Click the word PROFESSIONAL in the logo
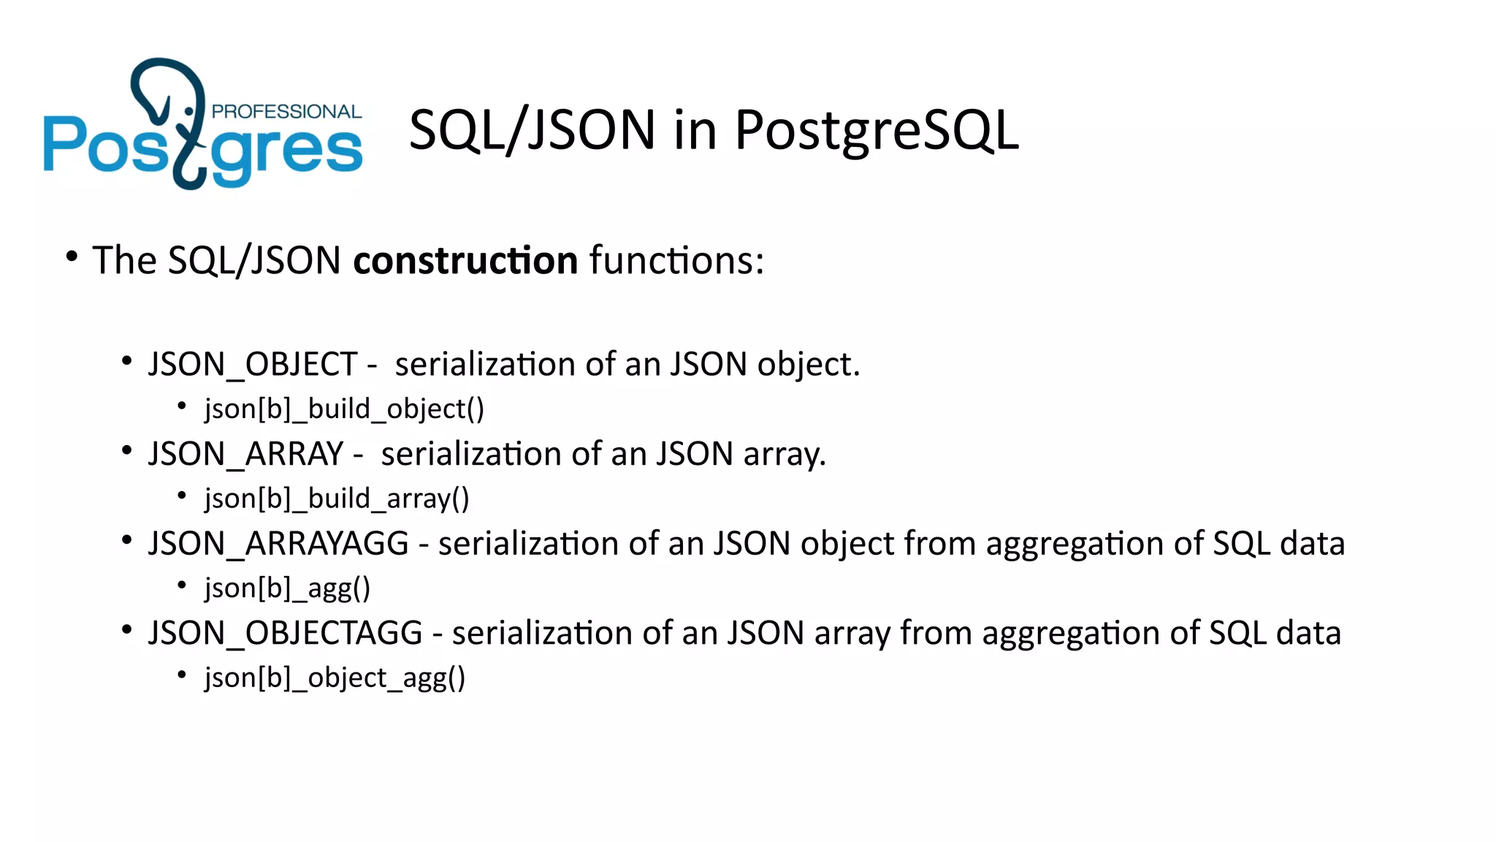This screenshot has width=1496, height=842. pos(286,112)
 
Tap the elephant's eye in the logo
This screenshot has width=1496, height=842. pos(189,111)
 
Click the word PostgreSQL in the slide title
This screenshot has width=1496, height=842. pos(876,131)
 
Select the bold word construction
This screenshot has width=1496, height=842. pos(465,261)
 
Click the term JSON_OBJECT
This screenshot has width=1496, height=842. pos(253,364)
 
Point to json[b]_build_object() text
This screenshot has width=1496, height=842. pos(344,409)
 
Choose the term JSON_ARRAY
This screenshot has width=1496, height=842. pos(245,454)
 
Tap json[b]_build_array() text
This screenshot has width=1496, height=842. pos(337,499)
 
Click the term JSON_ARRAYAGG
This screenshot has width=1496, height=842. pos(278,544)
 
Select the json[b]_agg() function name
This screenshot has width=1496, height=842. pos(287,588)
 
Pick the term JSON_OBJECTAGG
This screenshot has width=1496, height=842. pos(285,633)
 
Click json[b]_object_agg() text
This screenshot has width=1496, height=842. pos(335,678)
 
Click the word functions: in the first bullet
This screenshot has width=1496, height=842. pos(676,261)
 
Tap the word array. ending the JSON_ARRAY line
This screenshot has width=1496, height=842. pos(785,455)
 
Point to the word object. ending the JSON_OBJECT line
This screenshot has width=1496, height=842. pos(809,365)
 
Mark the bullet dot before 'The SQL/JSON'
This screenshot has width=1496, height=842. pos(71,257)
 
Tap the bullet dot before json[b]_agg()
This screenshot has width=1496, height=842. pos(182,585)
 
